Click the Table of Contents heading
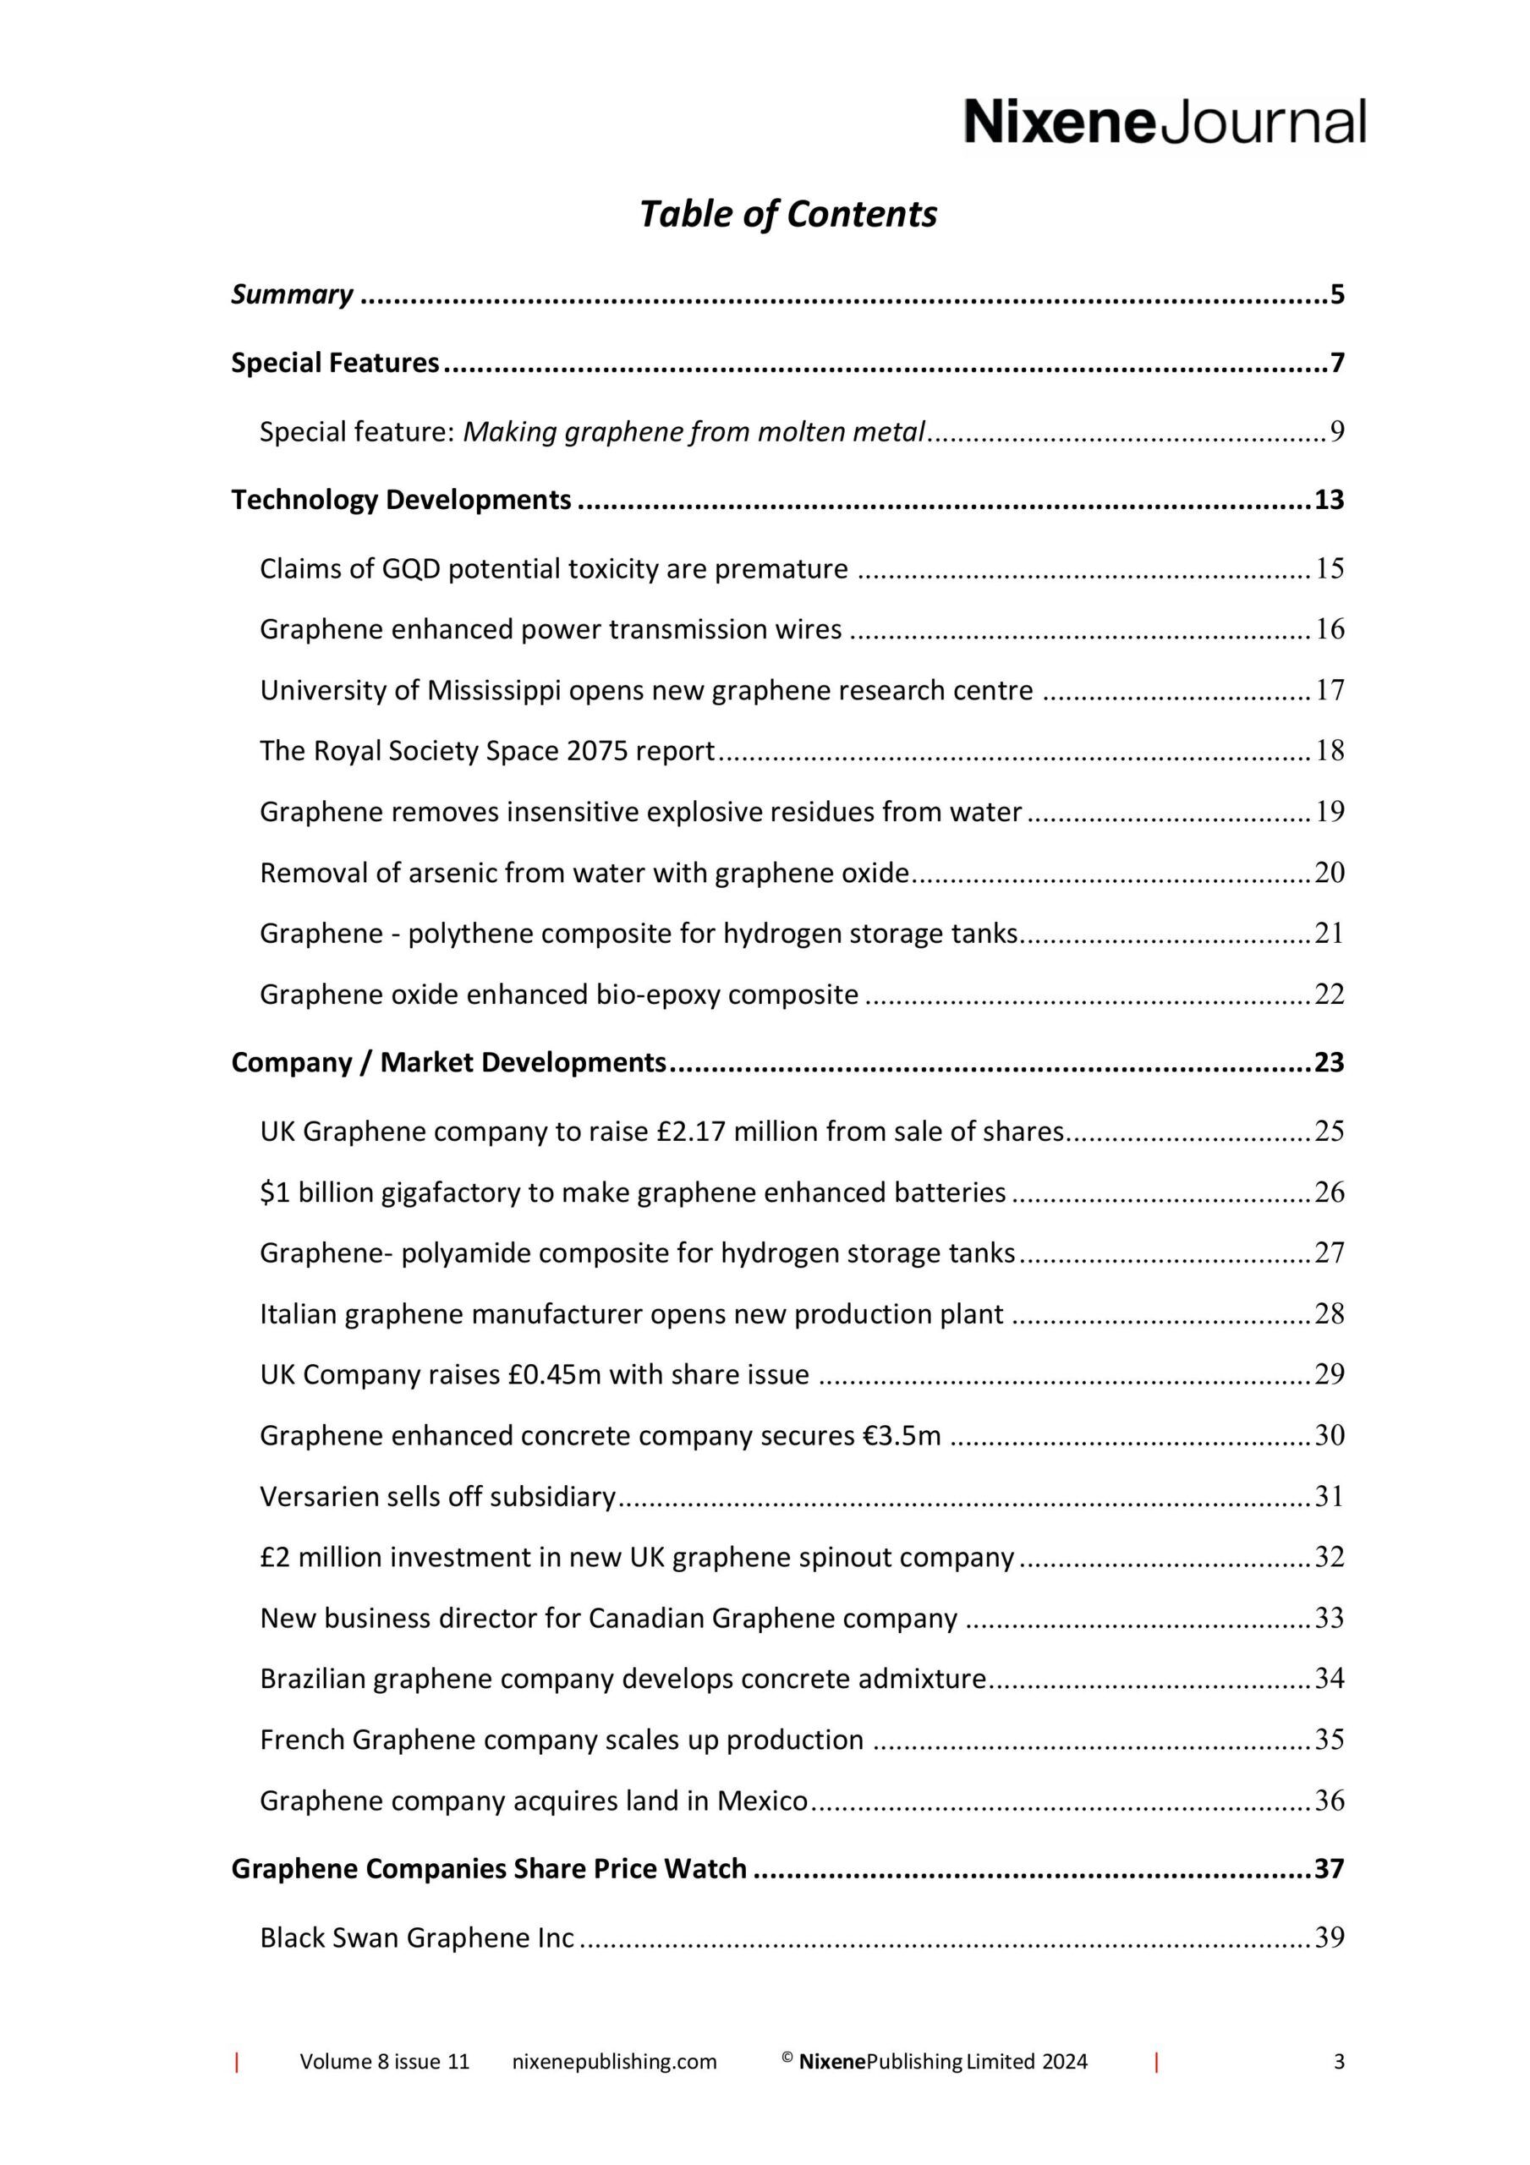click(x=787, y=214)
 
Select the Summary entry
click(x=293, y=294)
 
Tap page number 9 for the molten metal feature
click(x=1336, y=432)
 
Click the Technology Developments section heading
click(x=401, y=500)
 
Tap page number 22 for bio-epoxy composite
click(x=1329, y=994)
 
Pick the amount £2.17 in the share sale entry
click(x=692, y=1131)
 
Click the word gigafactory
click(x=451, y=1192)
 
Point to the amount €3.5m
click(x=902, y=1435)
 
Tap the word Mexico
click(x=762, y=1801)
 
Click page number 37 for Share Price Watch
click(x=1329, y=1868)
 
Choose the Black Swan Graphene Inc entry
click(x=417, y=1937)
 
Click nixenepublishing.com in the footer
click(x=614, y=2061)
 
